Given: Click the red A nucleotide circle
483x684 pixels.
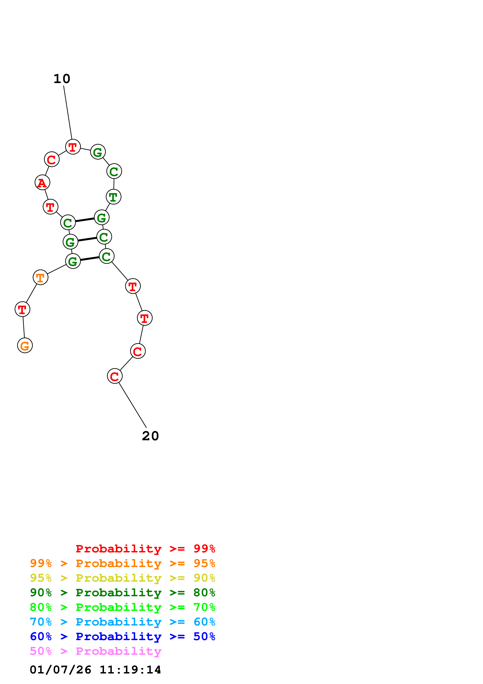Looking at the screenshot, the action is point(42,182).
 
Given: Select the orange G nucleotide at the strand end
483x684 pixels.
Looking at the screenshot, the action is point(25,346).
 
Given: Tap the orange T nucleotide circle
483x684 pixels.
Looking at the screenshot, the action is point(41,277).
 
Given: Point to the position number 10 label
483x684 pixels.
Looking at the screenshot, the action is point(62,79).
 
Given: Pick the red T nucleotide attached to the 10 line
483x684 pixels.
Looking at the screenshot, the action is point(73,147).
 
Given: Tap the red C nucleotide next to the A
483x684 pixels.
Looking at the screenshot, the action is point(52,159).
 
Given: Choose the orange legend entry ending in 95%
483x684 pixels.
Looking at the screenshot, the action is point(123,563).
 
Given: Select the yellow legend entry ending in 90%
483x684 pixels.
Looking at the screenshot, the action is point(123,578).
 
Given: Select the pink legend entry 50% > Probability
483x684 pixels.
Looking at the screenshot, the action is point(95,651).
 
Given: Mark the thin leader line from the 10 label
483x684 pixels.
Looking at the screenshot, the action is point(68,113).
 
